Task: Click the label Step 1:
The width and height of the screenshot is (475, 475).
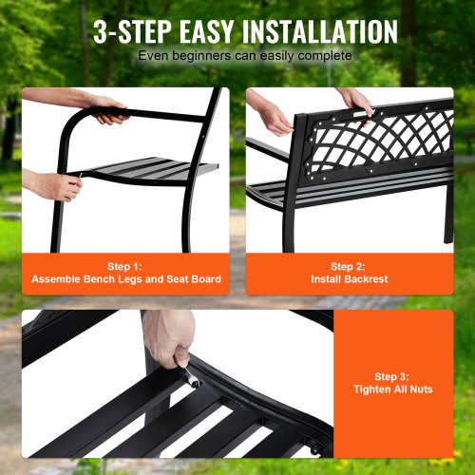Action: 125,267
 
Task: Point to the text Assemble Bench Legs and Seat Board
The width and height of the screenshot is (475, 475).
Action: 125,279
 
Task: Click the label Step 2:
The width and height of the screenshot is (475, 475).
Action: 350,267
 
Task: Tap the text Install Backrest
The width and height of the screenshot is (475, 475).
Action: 350,279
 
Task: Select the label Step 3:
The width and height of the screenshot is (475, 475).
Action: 392,376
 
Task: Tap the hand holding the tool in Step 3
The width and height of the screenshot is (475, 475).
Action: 169,337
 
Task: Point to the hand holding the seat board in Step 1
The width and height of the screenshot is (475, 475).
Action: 52,183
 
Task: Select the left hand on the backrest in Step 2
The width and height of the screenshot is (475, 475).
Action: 274,116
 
